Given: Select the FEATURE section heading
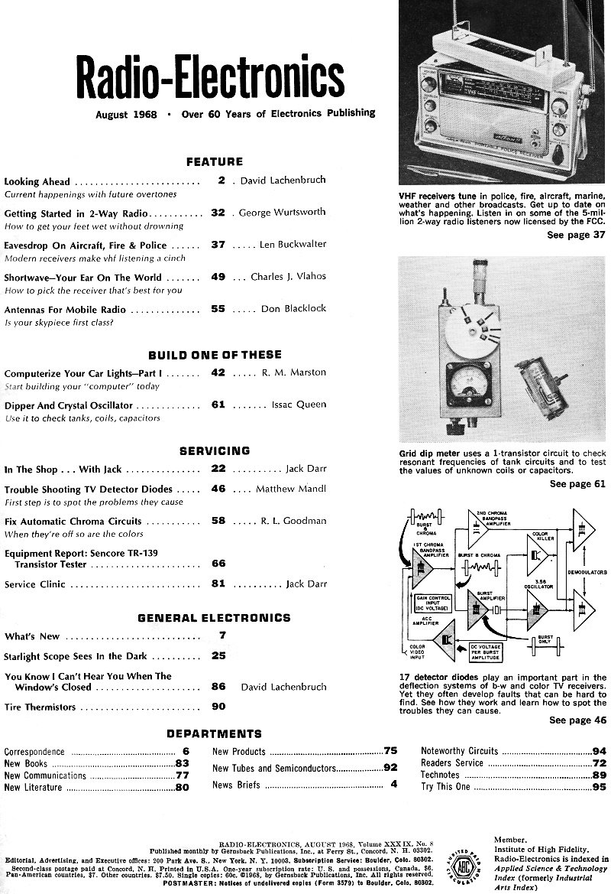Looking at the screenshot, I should point(215,161).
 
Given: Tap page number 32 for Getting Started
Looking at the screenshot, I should point(218,213).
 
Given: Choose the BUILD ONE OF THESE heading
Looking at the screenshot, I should point(215,355).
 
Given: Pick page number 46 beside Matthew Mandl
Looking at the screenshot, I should point(218,489).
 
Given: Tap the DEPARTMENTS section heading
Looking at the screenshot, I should point(214,734).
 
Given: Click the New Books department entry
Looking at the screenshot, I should point(26,763).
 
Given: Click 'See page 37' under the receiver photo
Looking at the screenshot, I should point(576,235).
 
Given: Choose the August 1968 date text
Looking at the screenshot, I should point(128,114).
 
